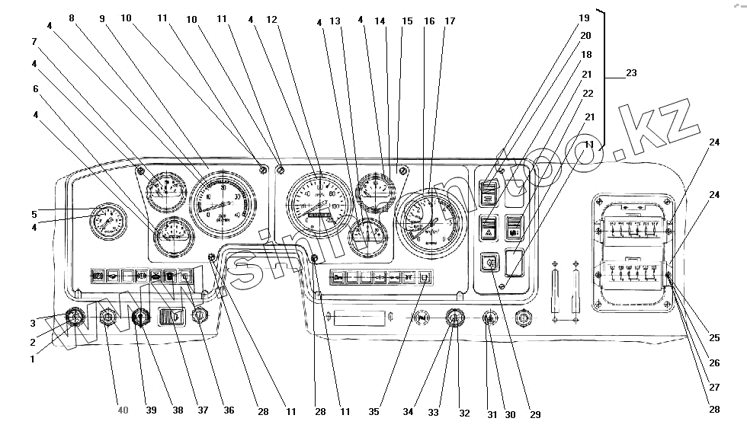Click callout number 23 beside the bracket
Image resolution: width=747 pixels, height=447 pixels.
point(630,73)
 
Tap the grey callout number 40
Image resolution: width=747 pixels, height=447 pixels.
point(123,410)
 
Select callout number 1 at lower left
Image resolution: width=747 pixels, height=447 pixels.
point(32,359)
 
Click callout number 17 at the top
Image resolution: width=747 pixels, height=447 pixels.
point(450,21)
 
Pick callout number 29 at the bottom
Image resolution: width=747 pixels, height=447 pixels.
point(535,414)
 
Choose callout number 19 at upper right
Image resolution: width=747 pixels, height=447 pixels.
point(584,17)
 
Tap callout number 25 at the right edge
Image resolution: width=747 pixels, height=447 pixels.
point(714,337)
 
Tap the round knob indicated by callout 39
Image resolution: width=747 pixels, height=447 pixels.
point(139,317)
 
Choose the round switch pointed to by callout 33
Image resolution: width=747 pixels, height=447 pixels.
point(454,320)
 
